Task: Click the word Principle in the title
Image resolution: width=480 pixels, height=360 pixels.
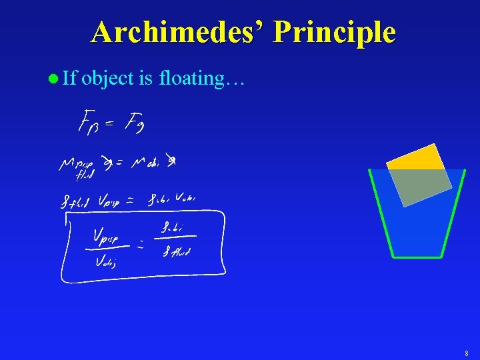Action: [x=334, y=32]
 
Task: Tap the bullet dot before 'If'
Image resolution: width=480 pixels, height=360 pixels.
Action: [x=53, y=79]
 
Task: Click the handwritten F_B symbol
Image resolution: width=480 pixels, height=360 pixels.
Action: [x=89, y=123]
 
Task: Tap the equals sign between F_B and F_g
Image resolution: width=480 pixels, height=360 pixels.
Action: [x=112, y=123]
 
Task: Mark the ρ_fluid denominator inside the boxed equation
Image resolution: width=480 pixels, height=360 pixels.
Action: [x=177, y=251]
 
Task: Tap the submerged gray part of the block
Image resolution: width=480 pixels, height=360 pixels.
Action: [x=420, y=185]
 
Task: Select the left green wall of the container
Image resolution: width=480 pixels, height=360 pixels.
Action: [x=381, y=213]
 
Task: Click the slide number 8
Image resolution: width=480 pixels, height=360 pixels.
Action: [x=467, y=353]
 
